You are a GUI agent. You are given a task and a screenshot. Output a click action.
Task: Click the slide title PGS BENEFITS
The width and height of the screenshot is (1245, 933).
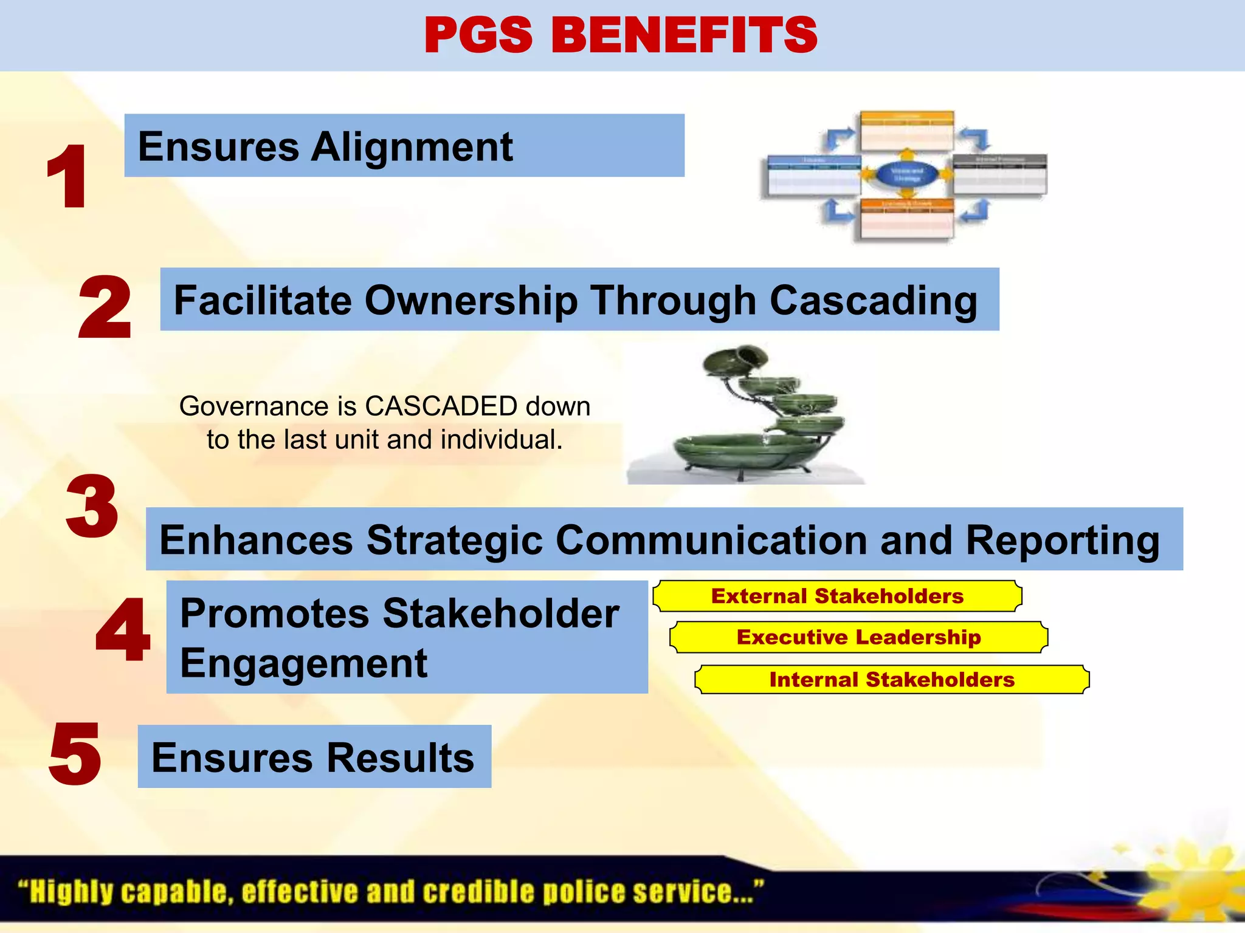click(621, 35)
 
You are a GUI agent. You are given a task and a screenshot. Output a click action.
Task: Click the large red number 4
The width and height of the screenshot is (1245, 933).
click(123, 630)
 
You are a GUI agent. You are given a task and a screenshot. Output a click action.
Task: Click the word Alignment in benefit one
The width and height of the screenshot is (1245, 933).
click(412, 148)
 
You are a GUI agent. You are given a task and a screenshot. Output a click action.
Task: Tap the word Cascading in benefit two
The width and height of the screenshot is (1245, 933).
click(873, 302)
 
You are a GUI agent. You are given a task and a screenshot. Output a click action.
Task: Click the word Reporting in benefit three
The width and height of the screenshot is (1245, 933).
click(1062, 541)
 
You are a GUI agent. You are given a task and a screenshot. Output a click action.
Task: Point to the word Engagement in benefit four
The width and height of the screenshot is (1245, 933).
click(303, 664)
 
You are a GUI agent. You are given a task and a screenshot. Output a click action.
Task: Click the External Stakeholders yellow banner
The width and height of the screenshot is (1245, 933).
click(837, 596)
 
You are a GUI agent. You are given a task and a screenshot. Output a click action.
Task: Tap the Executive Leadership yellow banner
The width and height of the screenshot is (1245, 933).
click(858, 637)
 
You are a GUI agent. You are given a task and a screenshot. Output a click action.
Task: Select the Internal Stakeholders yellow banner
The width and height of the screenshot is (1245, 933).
click(892, 679)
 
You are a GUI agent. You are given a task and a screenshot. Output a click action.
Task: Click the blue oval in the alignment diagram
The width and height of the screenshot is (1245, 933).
click(906, 174)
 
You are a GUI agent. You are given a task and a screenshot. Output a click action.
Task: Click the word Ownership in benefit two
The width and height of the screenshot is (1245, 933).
click(471, 301)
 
